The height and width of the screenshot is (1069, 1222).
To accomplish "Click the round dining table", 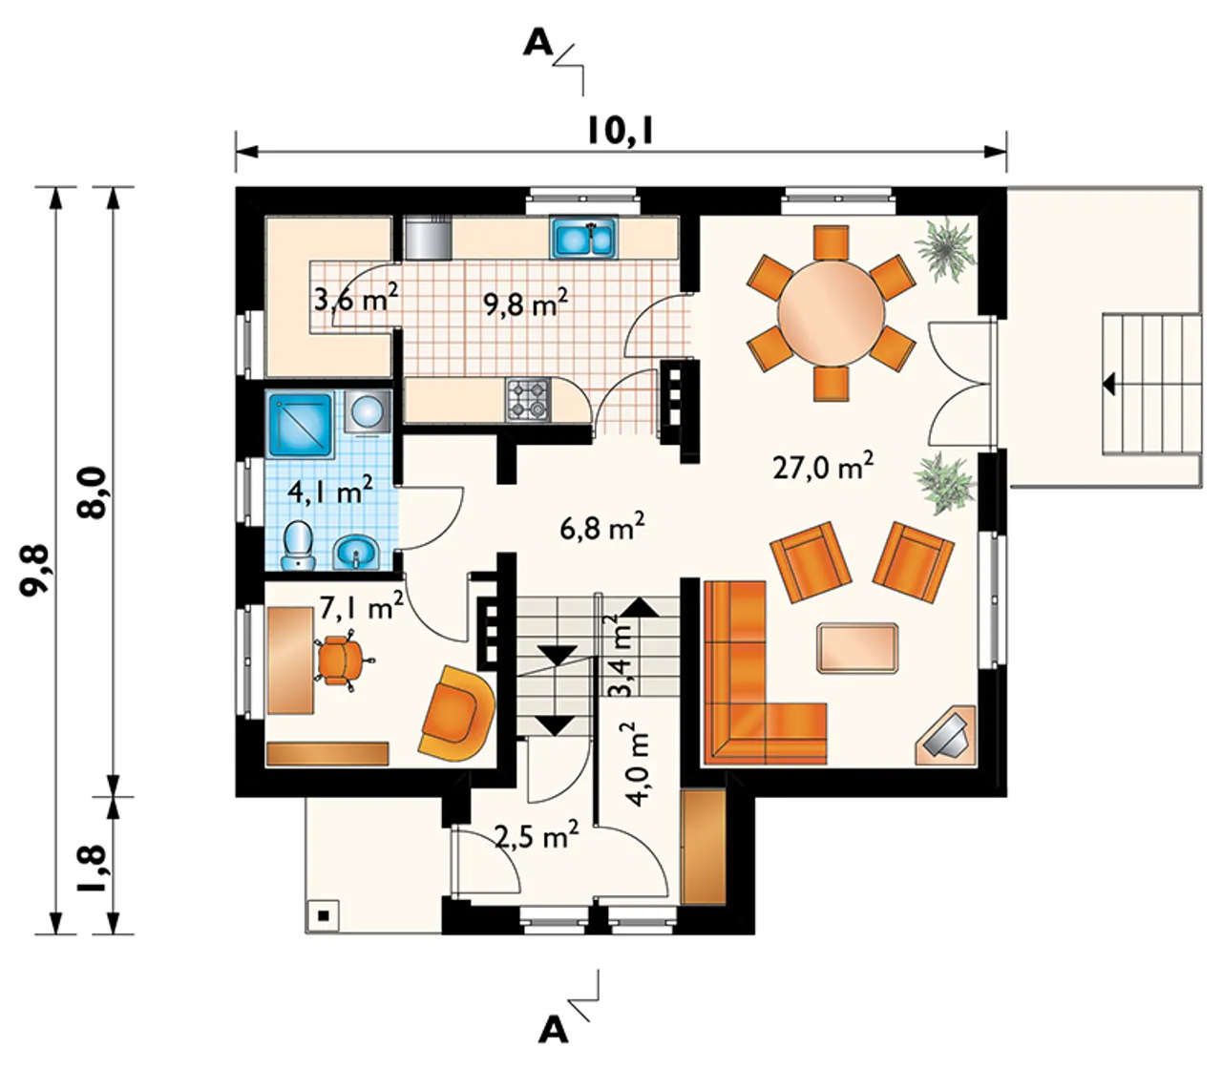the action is click(x=831, y=313).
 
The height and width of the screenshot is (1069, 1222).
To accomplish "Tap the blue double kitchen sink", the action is click(x=584, y=238).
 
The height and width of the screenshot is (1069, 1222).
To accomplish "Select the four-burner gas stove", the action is click(x=528, y=399).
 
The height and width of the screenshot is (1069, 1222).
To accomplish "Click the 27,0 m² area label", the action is click(x=823, y=467).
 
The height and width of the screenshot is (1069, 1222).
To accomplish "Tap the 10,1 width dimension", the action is click(x=620, y=132).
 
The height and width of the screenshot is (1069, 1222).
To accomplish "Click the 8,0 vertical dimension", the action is click(x=95, y=493).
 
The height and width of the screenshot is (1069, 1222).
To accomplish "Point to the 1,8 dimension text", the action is click(x=94, y=869).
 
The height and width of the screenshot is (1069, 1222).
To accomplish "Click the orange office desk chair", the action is click(x=341, y=659).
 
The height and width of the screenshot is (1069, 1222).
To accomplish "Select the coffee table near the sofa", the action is click(x=857, y=648).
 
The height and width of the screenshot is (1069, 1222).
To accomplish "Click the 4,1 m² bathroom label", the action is click(x=330, y=493).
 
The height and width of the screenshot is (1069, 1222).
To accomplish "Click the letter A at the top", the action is click(x=538, y=44).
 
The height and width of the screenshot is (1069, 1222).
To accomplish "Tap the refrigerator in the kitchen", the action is click(x=429, y=238).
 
